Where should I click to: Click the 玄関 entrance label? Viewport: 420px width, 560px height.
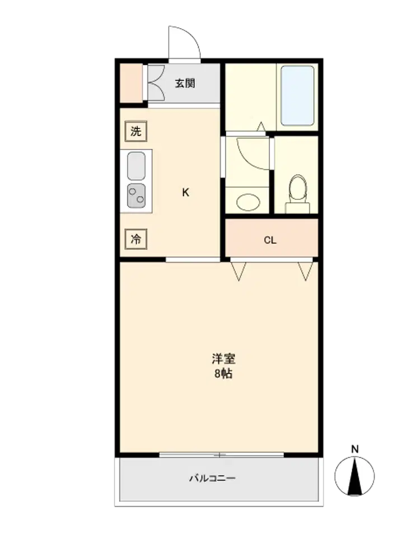pos(185,83)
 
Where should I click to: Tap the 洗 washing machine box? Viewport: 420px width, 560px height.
pos(136,131)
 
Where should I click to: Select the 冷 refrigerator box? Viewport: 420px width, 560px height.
pos(136,239)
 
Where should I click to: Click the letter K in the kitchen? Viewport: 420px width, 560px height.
pos(186,193)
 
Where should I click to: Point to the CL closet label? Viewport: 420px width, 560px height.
pos(270,240)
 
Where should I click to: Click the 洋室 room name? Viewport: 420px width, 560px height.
pos(223,358)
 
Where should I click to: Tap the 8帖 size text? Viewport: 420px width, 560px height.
pos(223,374)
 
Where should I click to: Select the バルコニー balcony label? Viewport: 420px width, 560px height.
pos(212,478)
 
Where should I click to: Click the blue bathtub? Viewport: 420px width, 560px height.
pos(297,95)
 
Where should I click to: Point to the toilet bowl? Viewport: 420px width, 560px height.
pos(298,189)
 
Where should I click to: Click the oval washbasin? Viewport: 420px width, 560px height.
pos(248,202)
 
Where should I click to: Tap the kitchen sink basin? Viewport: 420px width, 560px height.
pos(137,166)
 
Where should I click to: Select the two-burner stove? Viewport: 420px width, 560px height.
pos(137,195)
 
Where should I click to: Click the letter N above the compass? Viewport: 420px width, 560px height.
pos(354,449)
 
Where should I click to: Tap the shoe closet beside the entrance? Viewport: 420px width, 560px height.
pos(131,83)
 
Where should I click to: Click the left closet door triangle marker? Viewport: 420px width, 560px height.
pos(239,271)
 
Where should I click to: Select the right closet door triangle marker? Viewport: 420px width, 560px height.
pos(305,271)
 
